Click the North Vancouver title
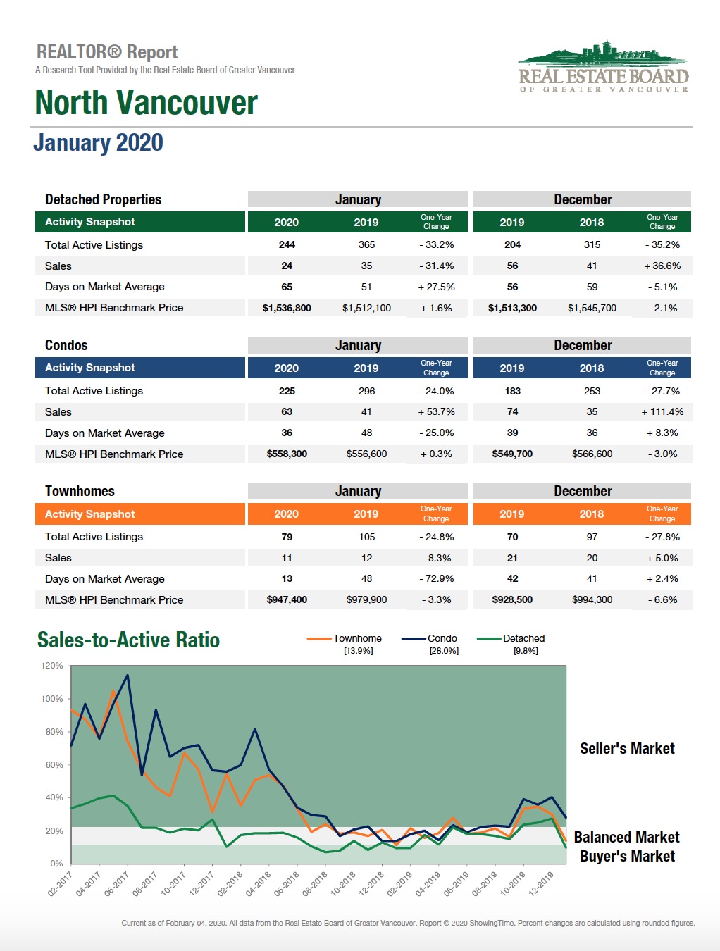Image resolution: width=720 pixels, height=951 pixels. (146, 103)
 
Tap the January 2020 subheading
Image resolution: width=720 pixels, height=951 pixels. (99, 142)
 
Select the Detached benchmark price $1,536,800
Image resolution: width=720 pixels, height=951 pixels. (287, 308)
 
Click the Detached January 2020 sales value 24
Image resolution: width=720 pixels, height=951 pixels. (287, 266)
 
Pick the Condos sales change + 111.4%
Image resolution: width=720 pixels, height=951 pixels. (662, 411)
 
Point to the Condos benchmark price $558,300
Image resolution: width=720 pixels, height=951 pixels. (287, 454)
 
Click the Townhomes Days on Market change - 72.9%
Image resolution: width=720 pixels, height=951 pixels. (437, 578)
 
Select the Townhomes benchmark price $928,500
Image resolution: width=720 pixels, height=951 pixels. (512, 599)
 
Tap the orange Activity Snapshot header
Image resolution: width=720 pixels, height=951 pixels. (140, 514)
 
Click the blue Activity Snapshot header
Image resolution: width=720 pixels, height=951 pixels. (140, 368)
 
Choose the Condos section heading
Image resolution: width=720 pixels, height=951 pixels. (66, 345)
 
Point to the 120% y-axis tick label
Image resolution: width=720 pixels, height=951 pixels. (52, 666)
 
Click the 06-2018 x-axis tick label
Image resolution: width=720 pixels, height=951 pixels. (287, 884)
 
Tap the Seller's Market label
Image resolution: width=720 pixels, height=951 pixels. (627, 748)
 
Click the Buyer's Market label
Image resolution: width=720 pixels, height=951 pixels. (627, 856)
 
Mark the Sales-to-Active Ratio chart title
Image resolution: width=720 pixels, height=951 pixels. (128, 640)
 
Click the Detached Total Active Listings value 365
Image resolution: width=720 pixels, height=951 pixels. (366, 244)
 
